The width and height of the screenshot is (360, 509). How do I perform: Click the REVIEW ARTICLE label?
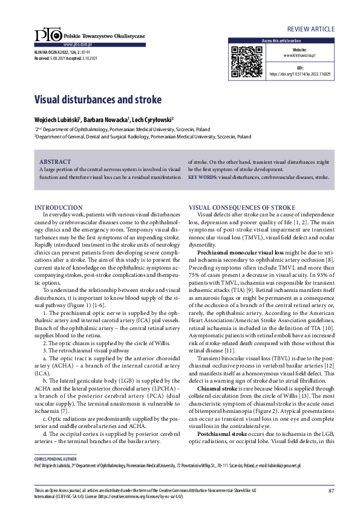click(310, 28)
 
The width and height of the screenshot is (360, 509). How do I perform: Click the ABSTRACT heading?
click(54, 162)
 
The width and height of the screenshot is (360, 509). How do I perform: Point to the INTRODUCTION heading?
click(59, 207)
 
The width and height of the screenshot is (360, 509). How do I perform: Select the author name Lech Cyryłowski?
click(153, 119)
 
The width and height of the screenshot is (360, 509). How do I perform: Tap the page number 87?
click(332, 490)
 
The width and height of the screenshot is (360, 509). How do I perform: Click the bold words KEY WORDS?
click(202, 178)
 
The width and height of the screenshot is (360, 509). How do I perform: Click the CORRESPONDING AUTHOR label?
click(53, 459)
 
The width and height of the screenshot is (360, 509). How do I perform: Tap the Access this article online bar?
click(281, 41)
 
